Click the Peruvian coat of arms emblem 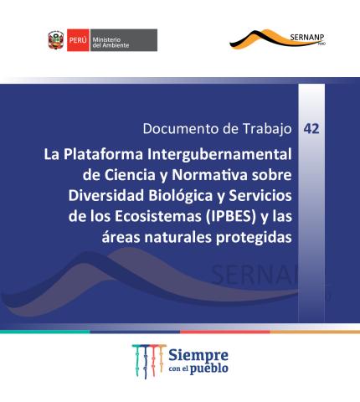tap(56, 40)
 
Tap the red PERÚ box tap(78, 40)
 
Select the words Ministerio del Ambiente tap(111, 43)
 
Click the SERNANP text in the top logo tap(307, 37)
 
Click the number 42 tap(311, 129)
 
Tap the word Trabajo tap(267, 129)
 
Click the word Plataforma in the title tap(103, 154)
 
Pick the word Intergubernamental tap(219, 155)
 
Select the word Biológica tap(181, 196)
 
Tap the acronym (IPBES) tap(231, 217)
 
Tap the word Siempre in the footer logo tap(198, 356)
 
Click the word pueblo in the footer tap(209, 368)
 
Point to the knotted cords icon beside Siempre tap(149, 361)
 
